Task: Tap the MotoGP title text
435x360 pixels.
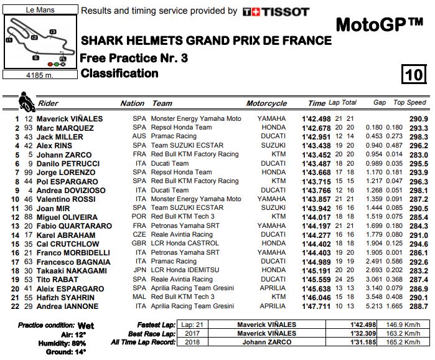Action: click(379, 26)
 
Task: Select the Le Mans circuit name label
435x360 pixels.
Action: click(40, 10)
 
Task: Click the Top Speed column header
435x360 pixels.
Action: click(409, 103)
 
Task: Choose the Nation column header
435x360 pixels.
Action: click(133, 103)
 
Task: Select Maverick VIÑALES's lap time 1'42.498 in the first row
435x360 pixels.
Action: click(317, 118)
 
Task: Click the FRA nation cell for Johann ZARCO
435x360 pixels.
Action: click(140, 154)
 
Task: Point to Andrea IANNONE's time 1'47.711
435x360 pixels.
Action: click(317, 307)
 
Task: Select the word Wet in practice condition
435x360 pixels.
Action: click(85, 326)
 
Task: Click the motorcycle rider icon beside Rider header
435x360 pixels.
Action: click(26, 100)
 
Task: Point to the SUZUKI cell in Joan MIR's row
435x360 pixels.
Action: click(274, 208)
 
